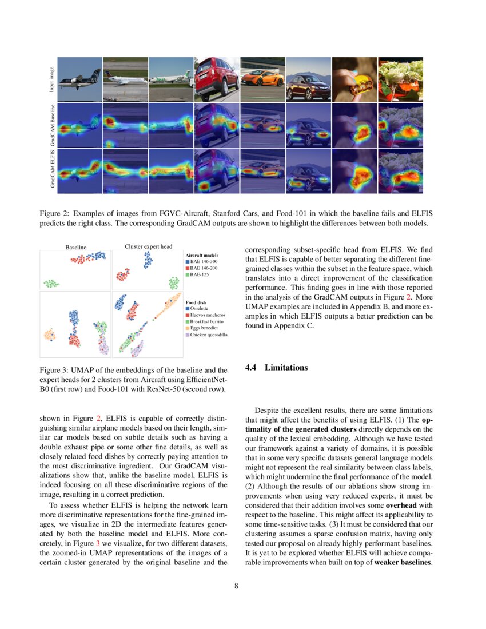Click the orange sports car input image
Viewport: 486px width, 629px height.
click(x=262, y=79)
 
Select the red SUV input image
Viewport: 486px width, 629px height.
click(x=217, y=79)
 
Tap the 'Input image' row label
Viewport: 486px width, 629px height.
click(x=51, y=79)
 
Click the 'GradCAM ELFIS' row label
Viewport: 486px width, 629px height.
click(x=51, y=170)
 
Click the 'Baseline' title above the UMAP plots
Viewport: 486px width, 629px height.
click(x=75, y=247)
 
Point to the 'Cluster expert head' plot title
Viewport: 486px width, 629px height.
click(x=148, y=246)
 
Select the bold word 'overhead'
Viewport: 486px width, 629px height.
click(x=404, y=505)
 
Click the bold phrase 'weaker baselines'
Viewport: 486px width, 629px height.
click(x=403, y=563)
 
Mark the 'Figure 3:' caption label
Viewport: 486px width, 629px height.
click(x=54, y=371)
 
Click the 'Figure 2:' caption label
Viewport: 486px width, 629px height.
click(x=54, y=214)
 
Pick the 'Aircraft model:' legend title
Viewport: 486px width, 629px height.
click(x=202, y=254)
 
